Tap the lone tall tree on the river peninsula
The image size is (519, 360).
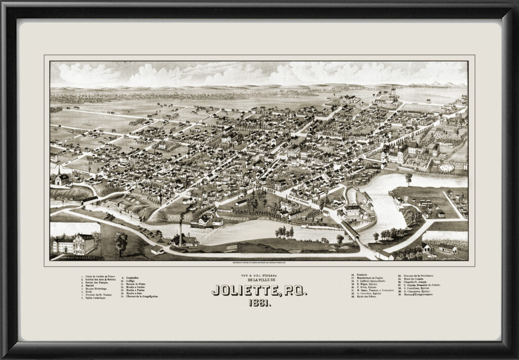(x=409, y=178)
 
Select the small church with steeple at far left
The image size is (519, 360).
(x=61, y=178)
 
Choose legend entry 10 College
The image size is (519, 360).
(x=130, y=278)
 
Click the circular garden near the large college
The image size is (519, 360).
(x=447, y=167)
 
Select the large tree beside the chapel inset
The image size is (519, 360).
(x=121, y=242)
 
